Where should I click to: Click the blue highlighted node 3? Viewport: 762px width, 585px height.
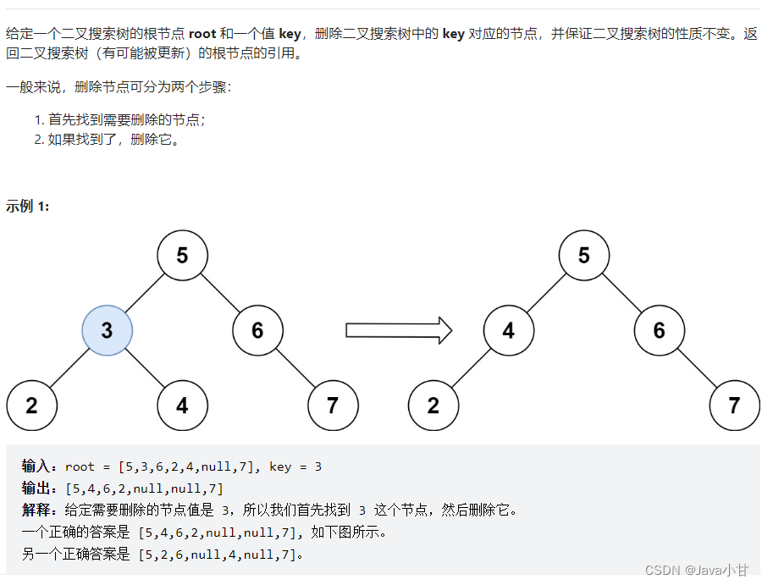coord(107,329)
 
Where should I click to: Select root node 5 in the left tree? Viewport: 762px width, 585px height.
coord(182,254)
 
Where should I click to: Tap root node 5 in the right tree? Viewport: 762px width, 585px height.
coord(583,254)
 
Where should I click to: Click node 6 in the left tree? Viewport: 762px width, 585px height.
coord(257,329)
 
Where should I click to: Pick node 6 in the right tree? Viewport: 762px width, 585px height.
coord(659,329)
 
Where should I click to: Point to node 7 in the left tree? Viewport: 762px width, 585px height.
coord(333,405)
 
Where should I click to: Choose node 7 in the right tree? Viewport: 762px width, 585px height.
coord(734,405)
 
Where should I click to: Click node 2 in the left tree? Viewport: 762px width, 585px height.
coord(31,405)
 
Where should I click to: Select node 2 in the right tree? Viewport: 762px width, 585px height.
coord(433,405)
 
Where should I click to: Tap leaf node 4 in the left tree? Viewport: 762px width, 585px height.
coord(182,405)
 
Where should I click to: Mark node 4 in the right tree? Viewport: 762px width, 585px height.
coord(508,329)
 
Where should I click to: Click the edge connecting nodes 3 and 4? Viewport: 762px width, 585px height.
coord(145,367)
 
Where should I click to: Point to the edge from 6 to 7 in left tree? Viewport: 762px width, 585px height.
coord(295,367)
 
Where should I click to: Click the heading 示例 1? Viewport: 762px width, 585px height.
coord(28,206)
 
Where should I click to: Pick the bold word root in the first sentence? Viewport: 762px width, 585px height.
coord(202,34)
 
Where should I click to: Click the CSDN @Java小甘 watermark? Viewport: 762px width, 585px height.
coord(696,571)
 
